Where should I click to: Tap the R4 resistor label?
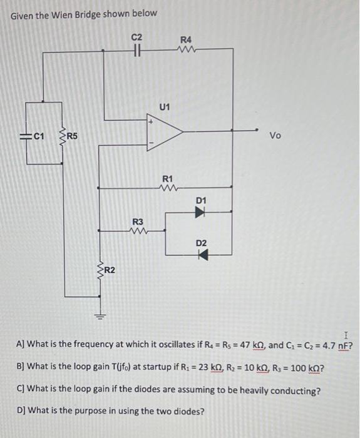pos(185,39)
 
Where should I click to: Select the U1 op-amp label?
pos(164,108)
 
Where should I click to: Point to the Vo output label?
pos(275,135)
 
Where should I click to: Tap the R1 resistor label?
pos(167,179)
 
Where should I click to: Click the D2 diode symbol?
pos(201,255)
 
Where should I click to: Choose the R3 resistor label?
pos(138,222)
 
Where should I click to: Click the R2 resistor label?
pos(109,270)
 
